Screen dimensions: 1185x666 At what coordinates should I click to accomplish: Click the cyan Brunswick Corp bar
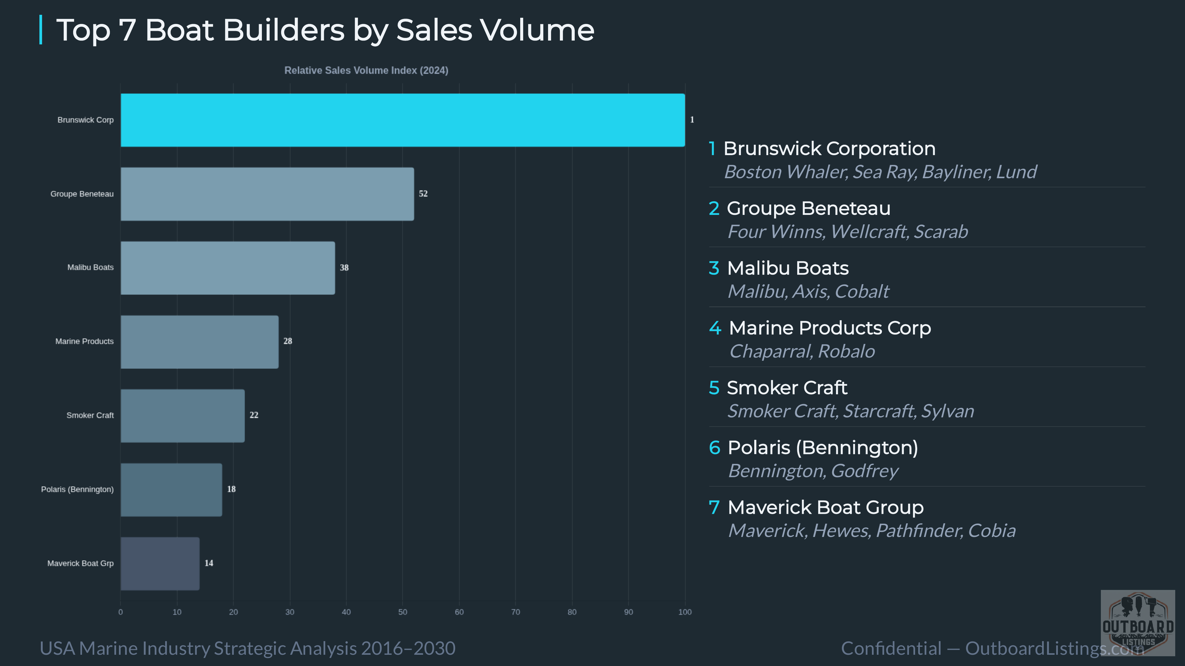tap(403, 120)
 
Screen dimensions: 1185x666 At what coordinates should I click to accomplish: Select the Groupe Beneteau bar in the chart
tap(267, 194)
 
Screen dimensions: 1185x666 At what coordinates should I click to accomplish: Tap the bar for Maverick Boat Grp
tap(160, 564)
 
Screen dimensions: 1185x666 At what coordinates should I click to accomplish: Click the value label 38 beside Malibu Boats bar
tap(344, 268)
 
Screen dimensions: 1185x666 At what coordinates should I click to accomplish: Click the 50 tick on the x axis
tap(403, 612)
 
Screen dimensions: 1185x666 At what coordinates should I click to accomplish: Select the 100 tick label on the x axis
tap(685, 612)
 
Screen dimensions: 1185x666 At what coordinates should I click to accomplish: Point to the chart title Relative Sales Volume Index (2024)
tap(366, 70)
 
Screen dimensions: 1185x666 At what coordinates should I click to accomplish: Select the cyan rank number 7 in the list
tap(714, 507)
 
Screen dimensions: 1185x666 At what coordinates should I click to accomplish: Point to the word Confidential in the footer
tap(891, 649)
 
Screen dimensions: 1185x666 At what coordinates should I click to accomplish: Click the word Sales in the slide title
tap(434, 30)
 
